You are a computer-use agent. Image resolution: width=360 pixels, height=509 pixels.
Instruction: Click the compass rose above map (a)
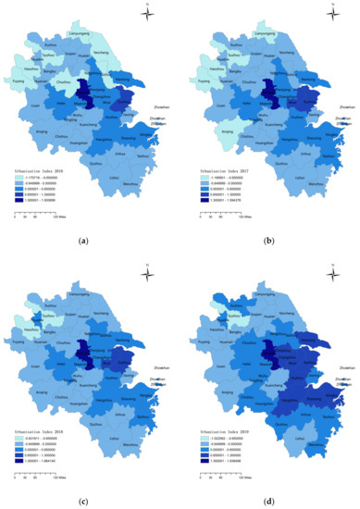tap(146, 12)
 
